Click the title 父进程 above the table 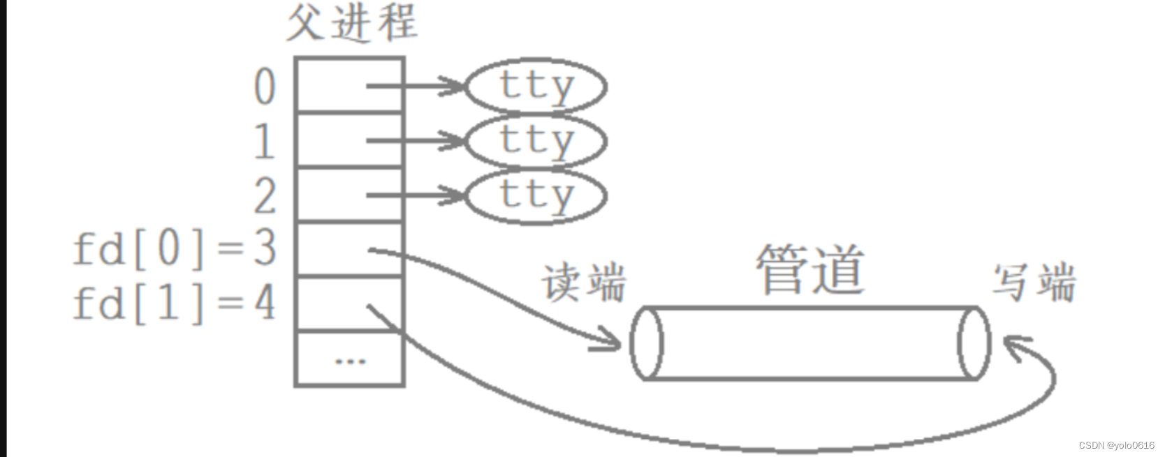(351, 23)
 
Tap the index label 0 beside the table (265, 87)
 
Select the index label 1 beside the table (264, 141)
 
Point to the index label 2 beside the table (265, 195)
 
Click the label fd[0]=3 (175, 249)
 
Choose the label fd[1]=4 (175, 304)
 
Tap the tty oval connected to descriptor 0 (536, 87)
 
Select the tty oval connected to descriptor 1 (536, 140)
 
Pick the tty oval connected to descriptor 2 (536, 195)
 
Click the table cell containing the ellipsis (350, 359)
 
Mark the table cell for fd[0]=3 (350, 249)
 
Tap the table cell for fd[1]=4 (350, 304)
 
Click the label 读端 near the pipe (584, 283)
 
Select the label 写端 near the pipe (1034, 283)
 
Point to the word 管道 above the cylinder (811, 269)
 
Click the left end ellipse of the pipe (647, 343)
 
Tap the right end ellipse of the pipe (974, 343)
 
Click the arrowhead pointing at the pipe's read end (611, 342)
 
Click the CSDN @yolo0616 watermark (1116, 445)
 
